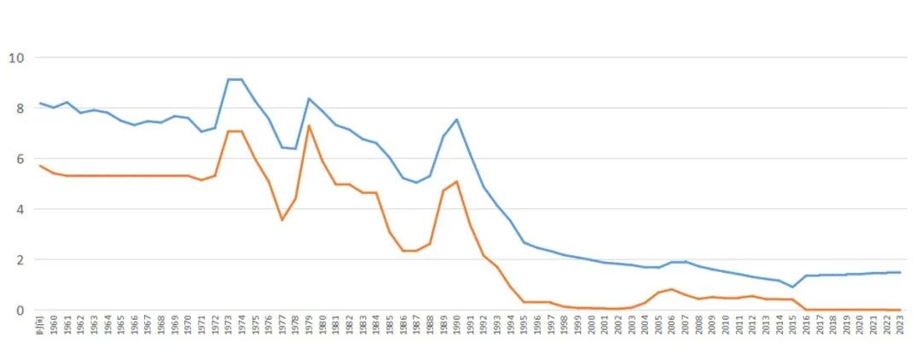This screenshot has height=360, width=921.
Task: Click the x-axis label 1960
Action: point(54,328)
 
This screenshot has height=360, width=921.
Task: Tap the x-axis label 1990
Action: point(456,328)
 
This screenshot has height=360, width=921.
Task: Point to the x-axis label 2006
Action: point(671,328)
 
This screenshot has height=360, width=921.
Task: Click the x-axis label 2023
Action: point(900,328)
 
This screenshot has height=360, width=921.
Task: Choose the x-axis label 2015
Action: point(792,328)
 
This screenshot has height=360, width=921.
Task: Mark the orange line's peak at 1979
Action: point(309,125)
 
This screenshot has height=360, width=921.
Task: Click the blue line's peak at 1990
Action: point(456,119)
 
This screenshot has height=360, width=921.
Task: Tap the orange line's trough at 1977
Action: point(281,220)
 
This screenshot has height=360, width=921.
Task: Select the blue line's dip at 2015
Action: point(792,287)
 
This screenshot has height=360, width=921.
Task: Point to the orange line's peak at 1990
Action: point(456,181)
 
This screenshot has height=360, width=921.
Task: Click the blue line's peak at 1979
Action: point(309,99)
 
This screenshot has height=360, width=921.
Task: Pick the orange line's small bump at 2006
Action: point(671,289)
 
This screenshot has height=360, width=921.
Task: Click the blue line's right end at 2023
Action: point(900,272)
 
